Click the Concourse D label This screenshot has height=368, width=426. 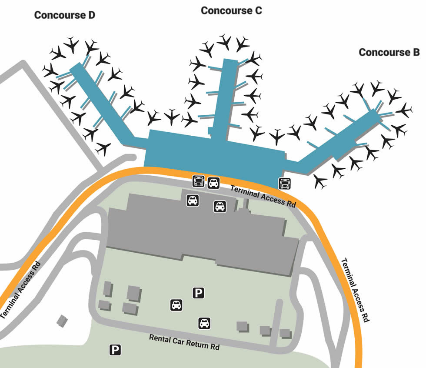tap(64, 15)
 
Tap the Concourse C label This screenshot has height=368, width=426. tap(231, 10)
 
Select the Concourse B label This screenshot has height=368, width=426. tap(389, 52)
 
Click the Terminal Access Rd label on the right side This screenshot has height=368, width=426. tap(355, 290)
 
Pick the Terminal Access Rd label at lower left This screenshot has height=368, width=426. tap(20, 290)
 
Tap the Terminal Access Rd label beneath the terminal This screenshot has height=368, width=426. tap(263, 196)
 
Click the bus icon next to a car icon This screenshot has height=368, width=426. tap(199, 181)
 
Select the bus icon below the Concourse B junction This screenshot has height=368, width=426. tap(285, 184)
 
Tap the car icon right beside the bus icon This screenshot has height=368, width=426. tap(213, 183)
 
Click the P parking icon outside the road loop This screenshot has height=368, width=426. tap(115, 349)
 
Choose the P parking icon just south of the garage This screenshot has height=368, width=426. tap(198, 293)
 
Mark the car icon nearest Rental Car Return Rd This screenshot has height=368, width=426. tap(204, 323)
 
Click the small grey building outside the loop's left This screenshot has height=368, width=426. tap(62, 321)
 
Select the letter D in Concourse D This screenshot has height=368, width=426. tap(91, 15)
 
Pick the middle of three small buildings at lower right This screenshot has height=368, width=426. tap(265, 331)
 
